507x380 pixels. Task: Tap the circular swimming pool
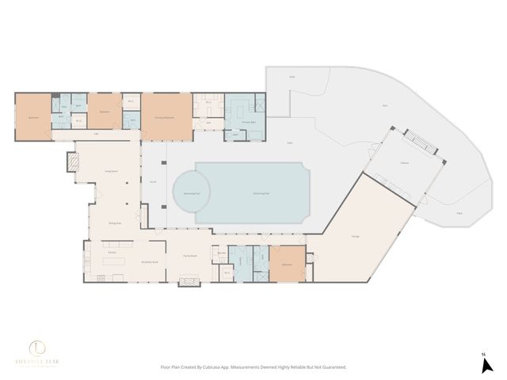(192, 192)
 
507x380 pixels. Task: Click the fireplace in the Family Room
(189, 280)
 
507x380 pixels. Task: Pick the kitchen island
(111, 260)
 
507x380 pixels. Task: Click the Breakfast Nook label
(151, 261)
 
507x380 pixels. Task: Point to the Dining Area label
(114, 224)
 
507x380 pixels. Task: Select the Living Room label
(111, 171)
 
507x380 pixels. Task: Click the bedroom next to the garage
(287, 263)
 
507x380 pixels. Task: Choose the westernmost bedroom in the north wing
(33, 117)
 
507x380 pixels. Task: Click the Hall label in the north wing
(96, 134)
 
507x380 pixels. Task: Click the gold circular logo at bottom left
(37, 348)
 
